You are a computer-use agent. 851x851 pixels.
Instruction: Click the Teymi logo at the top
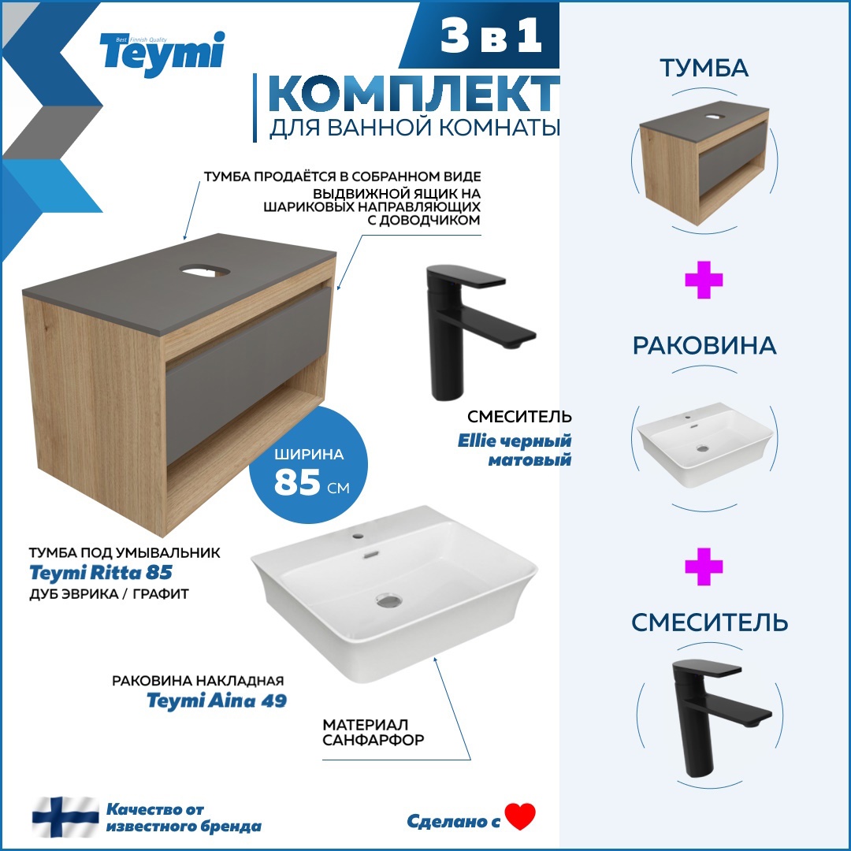162,53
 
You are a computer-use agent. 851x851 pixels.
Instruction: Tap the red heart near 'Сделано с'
520,816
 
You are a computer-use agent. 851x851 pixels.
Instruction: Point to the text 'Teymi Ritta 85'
100,572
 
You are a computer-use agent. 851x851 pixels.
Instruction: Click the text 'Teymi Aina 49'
217,700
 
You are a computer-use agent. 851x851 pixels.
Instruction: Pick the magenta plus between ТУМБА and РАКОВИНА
704,281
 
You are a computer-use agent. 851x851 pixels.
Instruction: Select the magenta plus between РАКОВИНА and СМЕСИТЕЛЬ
704,567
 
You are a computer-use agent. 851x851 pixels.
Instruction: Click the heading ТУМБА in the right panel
704,69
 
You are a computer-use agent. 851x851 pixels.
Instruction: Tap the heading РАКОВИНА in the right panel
704,346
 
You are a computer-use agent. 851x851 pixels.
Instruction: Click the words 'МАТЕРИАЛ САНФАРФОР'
373,732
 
